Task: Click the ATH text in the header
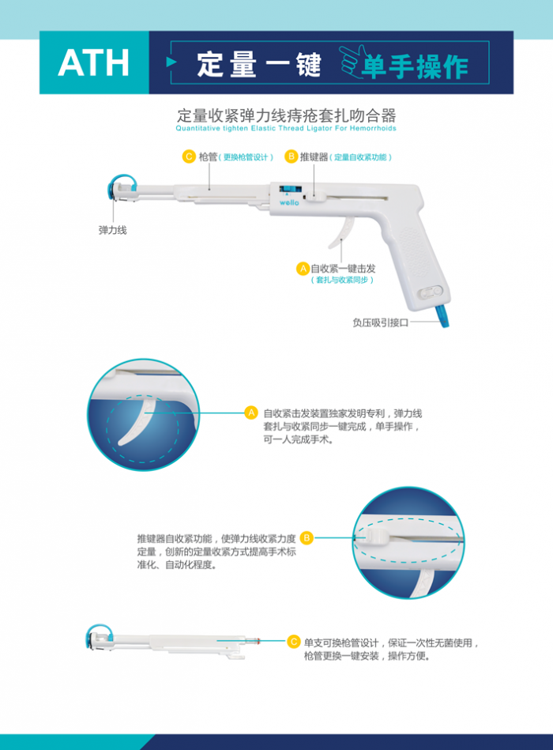[x=93, y=63]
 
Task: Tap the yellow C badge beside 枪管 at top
[x=189, y=156]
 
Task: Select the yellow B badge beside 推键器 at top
[x=291, y=156]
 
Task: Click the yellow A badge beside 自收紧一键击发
[x=302, y=268]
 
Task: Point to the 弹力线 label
[x=112, y=230]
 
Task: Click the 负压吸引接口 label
[x=380, y=322]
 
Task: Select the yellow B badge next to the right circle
[x=307, y=537]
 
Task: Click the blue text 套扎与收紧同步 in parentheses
[x=341, y=280]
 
